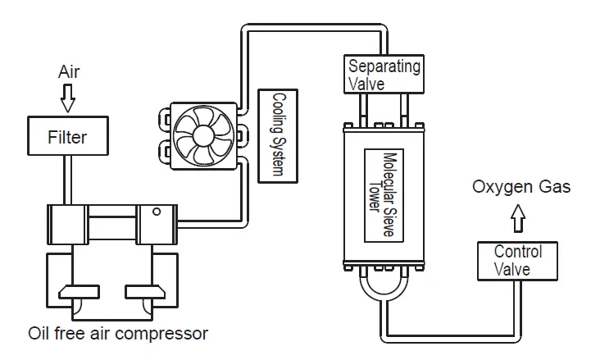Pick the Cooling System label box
pos(276,135)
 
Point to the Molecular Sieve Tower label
pos(385,194)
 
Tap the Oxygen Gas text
pos(520,189)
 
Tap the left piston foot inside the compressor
pos(80,291)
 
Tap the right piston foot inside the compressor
pos(145,291)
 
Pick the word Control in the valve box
pos(517,253)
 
